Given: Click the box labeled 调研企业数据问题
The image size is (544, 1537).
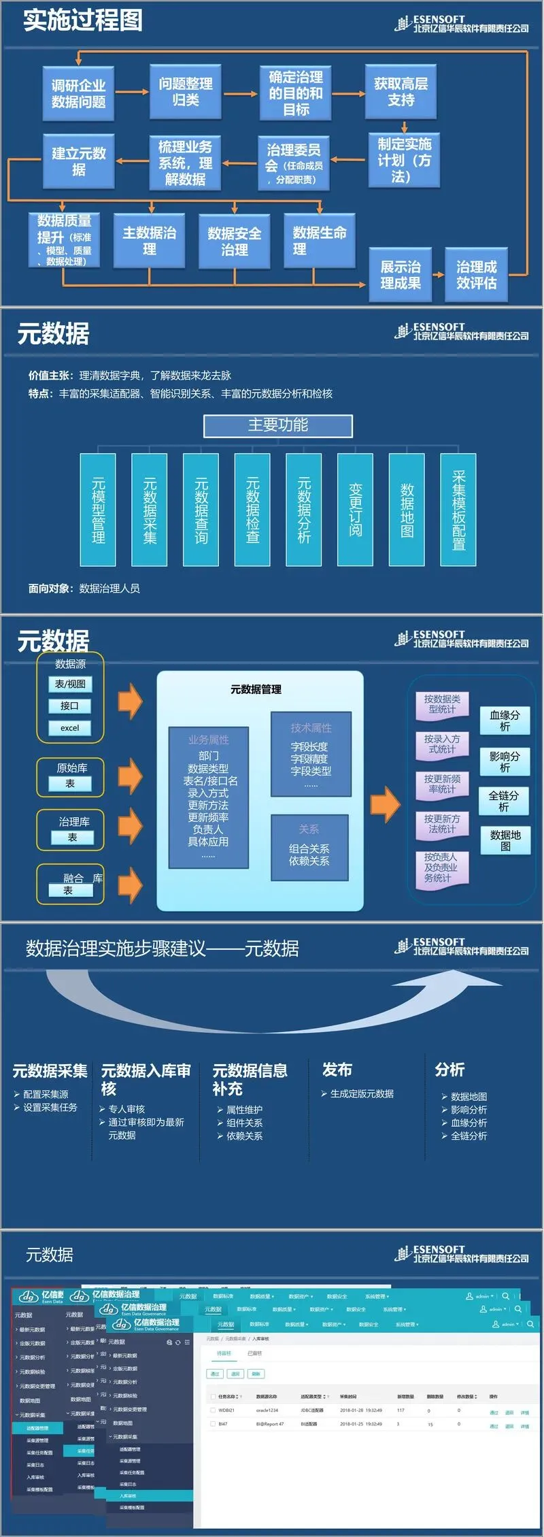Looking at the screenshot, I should (78, 93).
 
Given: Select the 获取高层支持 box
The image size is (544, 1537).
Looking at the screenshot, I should (401, 91).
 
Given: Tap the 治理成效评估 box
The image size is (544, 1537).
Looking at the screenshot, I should (476, 275).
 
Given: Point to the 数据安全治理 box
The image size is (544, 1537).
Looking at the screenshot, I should (234, 242).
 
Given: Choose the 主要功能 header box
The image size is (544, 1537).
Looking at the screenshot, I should (278, 425).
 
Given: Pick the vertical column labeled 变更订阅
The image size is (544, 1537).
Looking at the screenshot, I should (355, 510).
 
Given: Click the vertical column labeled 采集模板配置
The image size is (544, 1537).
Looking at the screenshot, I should (458, 510).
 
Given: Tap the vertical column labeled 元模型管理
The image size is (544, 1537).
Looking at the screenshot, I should (98, 510).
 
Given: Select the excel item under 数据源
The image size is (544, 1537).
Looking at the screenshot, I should (70, 727).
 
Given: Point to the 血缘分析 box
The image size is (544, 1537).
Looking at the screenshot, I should (505, 721).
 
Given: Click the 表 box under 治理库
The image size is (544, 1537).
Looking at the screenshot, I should (72, 838).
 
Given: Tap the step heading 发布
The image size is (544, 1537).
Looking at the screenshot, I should (337, 1070).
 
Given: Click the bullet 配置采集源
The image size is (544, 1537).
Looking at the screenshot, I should (46, 1094).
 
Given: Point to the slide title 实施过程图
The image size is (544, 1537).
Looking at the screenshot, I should (83, 20).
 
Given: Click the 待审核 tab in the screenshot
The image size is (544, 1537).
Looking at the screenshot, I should (224, 1353).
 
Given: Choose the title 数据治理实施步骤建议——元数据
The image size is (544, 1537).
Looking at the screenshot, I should (163, 948).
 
